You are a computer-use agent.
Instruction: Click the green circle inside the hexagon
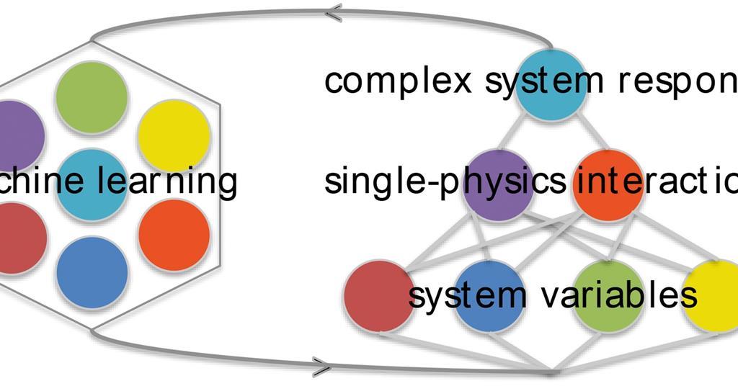pyautogui.click(x=92, y=96)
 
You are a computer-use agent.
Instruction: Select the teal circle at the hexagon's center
pyautogui.click(x=92, y=184)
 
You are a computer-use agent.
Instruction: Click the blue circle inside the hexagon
pyautogui.click(x=92, y=273)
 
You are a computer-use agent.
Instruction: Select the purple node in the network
pyautogui.click(x=497, y=184)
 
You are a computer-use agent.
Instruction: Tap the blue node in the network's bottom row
pyautogui.click(x=488, y=295)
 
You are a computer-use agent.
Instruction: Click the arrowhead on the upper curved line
pyautogui.click(x=333, y=12)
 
